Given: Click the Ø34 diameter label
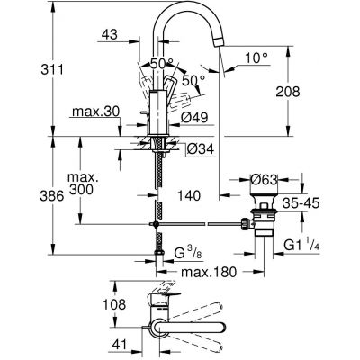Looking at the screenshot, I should coord(203,148).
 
